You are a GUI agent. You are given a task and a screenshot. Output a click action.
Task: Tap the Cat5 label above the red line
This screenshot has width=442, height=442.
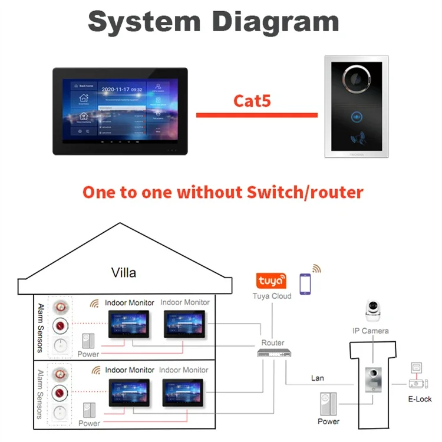tap(252, 100)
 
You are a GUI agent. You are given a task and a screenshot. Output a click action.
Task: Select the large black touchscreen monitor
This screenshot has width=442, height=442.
tap(120, 111)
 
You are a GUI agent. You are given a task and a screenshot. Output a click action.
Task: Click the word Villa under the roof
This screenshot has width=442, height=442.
tap(124, 272)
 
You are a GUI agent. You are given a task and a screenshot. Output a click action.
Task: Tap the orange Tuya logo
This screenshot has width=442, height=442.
tap(269, 279)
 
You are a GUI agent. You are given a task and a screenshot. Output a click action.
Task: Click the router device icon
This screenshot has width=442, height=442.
tap(272, 352)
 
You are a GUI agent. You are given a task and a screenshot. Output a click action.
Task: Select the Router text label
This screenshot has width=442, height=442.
tap(273, 342)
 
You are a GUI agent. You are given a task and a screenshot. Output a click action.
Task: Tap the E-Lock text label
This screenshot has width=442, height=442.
tap(420, 399)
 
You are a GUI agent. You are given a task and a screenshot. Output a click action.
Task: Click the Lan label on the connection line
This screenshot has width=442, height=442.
tap(318, 378)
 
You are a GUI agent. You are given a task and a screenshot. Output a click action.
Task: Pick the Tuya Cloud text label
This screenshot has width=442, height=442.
tap(272, 296)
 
